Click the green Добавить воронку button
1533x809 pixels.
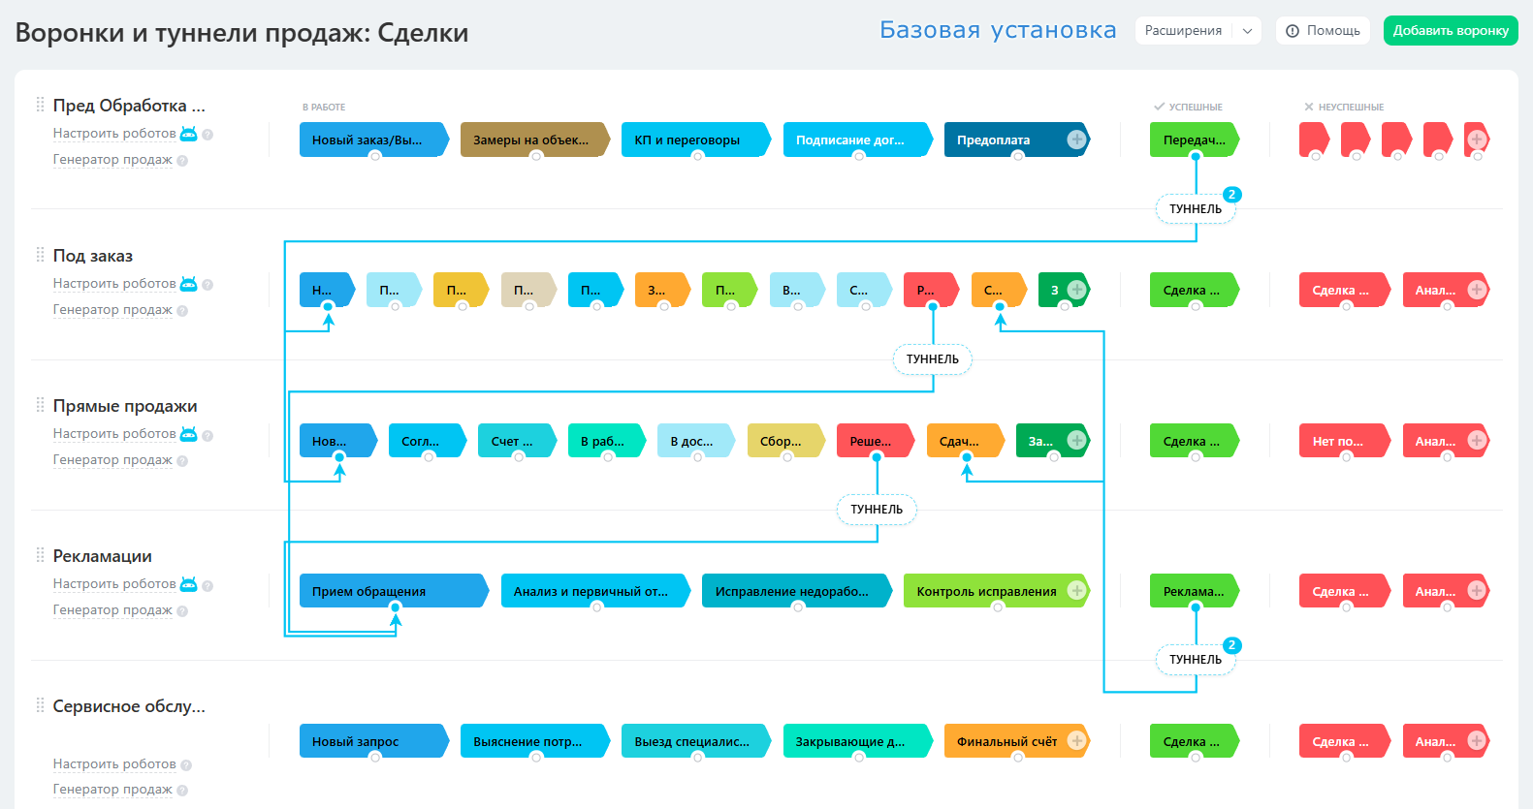click(x=1450, y=31)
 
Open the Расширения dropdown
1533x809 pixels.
click(x=1197, y=31)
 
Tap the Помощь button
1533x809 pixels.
click(x=1323, y=31)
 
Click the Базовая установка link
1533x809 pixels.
click(x=998, y=31)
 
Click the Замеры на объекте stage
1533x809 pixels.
click(x=530, y=140)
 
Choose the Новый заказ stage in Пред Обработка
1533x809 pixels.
click(x=368, y=140)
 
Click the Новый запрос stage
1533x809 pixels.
click(x=368, y=741)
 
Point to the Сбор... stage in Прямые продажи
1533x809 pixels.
click(x=781, y=441)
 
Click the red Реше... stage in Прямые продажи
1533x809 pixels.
click(x=871, y=441)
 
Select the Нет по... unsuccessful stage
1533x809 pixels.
click(x=1340, y=441)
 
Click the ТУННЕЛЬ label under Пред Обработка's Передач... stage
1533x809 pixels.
click(x=1195, y=209)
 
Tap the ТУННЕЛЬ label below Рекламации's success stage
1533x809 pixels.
click(x=1195, y=660)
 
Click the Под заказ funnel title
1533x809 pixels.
click(x=93, y=256)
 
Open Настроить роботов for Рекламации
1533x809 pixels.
click(x=114, y=584)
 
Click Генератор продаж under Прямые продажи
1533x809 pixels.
click(x=112, y=460)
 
